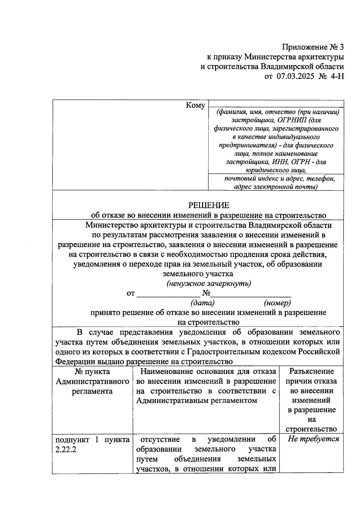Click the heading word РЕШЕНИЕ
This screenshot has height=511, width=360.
(208, 205)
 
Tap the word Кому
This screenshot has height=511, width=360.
(196, 105)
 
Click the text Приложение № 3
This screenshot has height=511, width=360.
(313, 47)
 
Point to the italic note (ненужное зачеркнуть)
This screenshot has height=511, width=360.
(208, 283)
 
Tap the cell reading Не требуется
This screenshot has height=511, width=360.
(313, 439)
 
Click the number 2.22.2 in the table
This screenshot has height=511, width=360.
(66, 450)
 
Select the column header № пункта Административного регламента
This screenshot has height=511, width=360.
(92, 381)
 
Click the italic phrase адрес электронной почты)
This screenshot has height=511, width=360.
(276, 187)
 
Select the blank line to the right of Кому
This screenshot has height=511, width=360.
(276, 105)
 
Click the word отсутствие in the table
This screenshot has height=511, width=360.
(160, 439)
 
